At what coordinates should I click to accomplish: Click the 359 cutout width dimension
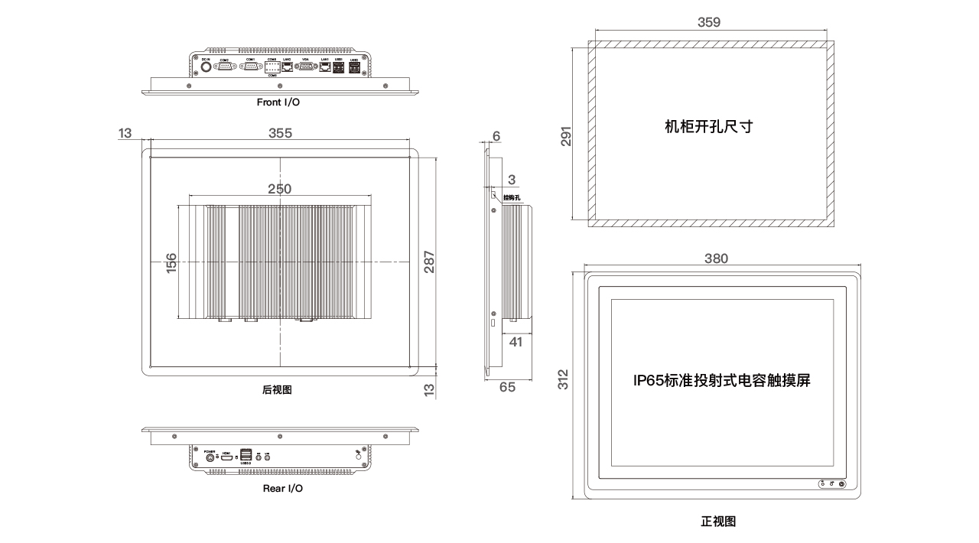(x=709, y=23)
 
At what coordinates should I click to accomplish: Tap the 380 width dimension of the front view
(x=716, y=258)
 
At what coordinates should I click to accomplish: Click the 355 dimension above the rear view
(x=281, y=133)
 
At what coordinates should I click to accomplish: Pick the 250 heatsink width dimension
(x=279, y=189)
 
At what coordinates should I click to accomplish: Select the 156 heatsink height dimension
(x=171, y=263)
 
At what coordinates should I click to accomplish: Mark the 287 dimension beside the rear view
(x=430, y=262)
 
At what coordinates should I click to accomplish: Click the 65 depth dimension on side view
(x=507, y=387)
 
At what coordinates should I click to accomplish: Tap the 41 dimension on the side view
(x=516, y=342)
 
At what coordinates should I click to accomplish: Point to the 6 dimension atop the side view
(x=496, y=136)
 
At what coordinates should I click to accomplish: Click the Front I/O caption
(x=278, y=102)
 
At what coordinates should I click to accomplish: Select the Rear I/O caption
(x=283, y=488)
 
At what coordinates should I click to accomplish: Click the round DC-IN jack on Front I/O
(x=206, y=67)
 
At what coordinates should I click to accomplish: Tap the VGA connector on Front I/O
(x=305, y=67)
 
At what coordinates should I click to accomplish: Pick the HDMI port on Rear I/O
(x=226, y=457)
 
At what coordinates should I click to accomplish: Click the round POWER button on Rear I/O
(x=210, y=457)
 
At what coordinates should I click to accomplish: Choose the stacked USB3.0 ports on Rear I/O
(x=246, y=454)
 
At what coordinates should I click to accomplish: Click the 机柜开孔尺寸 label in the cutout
(x=709, y=127)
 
